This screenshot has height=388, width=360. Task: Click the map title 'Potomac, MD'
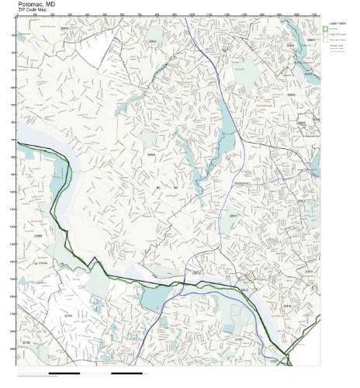36,5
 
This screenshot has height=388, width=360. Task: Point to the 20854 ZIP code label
152,155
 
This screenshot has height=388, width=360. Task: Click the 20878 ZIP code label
64,28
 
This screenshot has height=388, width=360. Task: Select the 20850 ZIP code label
153,40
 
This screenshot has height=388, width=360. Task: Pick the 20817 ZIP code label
234,216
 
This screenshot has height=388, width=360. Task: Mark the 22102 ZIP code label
68,316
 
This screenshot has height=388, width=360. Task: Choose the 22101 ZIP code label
239,339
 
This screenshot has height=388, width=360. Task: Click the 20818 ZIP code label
196,272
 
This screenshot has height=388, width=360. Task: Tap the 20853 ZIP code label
312,39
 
